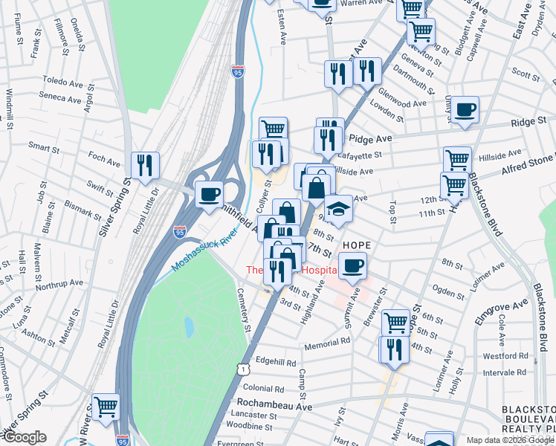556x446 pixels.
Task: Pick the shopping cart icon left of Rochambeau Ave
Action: click(x=106, y=407)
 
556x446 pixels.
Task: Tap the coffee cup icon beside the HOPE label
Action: click(x=354, y=265)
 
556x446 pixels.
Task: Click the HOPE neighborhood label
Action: click(x=356, y=245)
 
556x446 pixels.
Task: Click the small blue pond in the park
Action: click(x=188, y=326)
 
